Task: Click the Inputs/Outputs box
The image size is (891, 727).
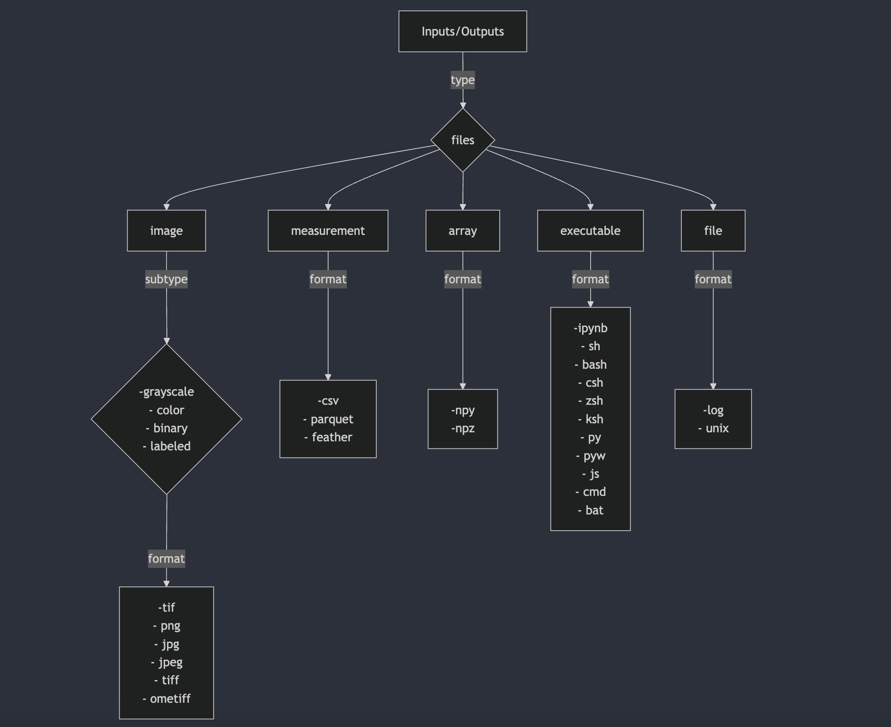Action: (x=463, y=31)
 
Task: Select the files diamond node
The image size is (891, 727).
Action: (x=463, y=140)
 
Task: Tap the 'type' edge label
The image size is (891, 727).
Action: (x=463, y=80)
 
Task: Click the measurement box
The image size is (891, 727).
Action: (x=328, y=231)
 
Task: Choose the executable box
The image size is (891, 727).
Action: (x=590, y=231)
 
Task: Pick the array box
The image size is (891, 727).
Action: (x=463, y=231)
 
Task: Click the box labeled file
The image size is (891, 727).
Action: (x=713, y=231)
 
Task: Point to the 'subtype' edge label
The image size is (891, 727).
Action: (x=166, y=279)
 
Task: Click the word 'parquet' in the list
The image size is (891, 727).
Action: (x=332, y=419)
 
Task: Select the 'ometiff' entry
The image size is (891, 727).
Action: (x=170, y=699)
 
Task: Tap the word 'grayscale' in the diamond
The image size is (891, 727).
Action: (x=168, y=392)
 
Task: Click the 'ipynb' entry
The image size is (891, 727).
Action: (x=592, y=328)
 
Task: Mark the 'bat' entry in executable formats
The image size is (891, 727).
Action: (x=594, y=510)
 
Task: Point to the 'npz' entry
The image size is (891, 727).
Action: (x=464, y=428)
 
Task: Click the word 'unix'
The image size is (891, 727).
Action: (x=717, y=428)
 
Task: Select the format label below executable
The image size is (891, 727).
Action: (x=590, y=279)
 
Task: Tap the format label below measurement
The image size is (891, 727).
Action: (x=328, y=279)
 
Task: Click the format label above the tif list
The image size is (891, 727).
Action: (x=166, y=559)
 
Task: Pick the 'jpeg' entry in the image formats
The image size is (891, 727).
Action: (x=170, y=662)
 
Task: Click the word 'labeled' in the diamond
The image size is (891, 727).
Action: (x=170, y=446)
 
